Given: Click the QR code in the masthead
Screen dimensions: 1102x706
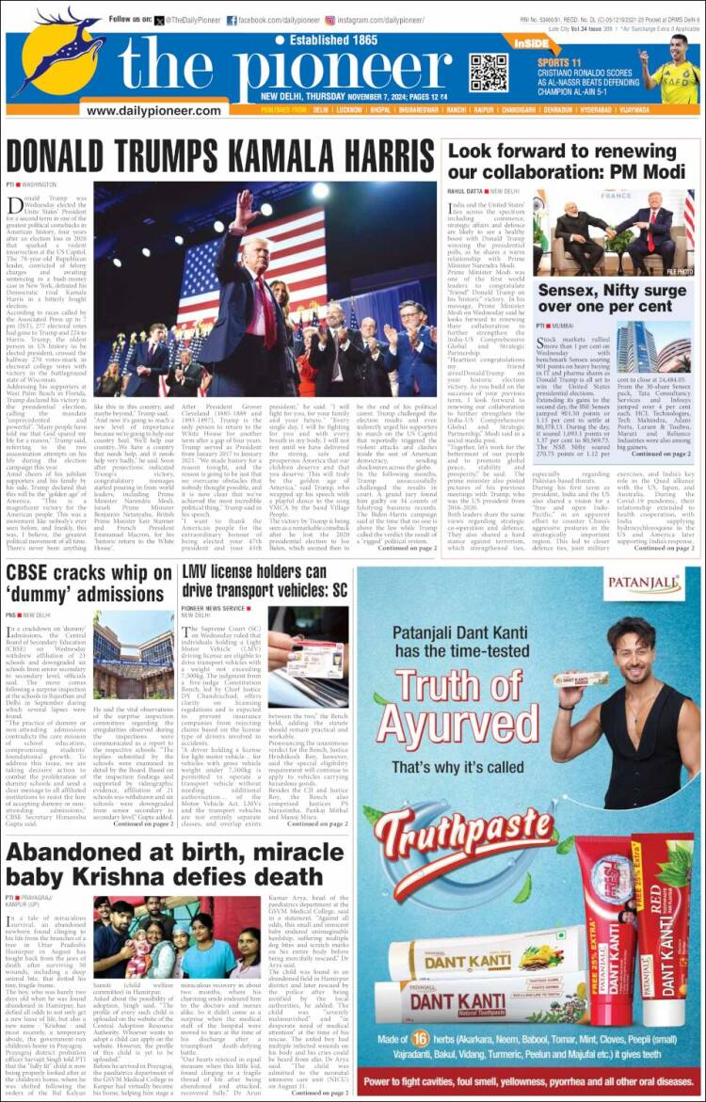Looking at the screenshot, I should click(488, 72).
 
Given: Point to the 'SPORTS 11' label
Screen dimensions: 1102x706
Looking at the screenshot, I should click(558, 60).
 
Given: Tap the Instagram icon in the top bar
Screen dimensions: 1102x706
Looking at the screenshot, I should click(330, 20).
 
